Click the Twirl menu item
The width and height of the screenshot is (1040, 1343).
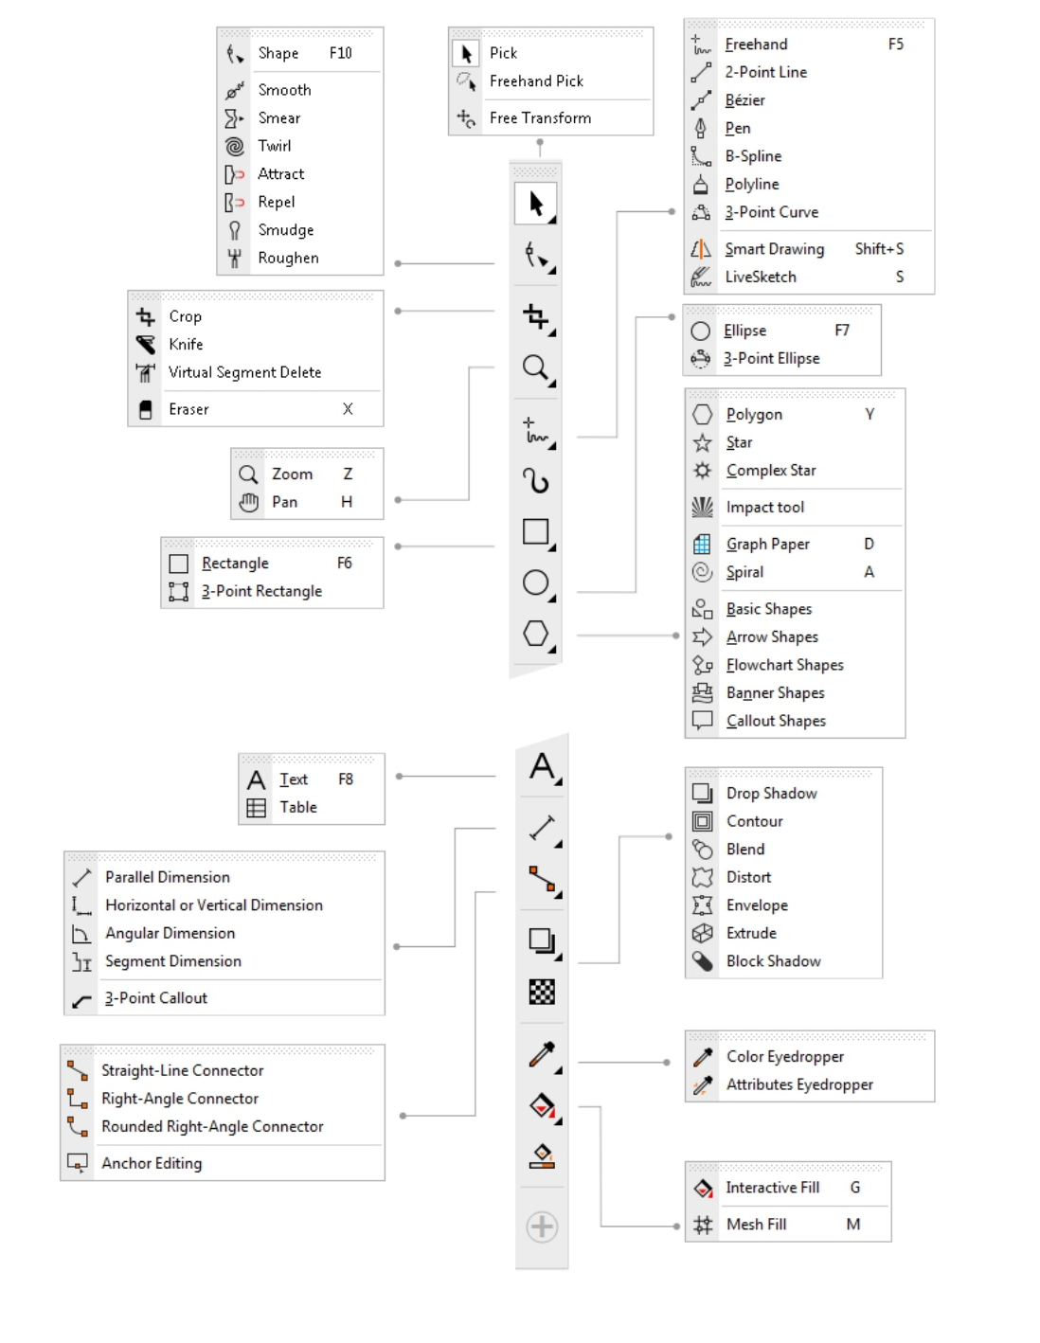pyautogui.click(x=274, y=146)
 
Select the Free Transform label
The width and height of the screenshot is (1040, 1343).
pyautogui.click(x=540, y=117)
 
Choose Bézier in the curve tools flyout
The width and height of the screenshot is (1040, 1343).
pyautogui.click(x=744, y=100)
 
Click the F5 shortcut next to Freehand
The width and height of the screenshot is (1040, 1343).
pyautogui.click(x=895, y=45)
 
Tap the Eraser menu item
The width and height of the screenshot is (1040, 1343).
pyautogui.click(x=188, y=409)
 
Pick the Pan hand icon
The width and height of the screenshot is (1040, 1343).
pyautogui.click(x=248, y=502)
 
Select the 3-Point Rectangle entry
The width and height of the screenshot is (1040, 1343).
pyautogui.click(x=261, y=591)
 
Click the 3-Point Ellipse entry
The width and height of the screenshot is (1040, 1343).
pyautogui.click(x=771, y=358)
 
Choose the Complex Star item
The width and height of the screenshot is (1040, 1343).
pyautogui.click(x=770, y=471)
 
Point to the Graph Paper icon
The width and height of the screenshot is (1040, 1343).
pyautogui.click(x=702, y=544)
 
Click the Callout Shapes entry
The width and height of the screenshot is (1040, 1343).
pyautogui.click(x=776, y=721)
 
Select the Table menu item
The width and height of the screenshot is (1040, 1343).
pyautogui.click(x=297, y=807)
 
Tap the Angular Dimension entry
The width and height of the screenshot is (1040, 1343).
pyautogui.click(x=170, y=933)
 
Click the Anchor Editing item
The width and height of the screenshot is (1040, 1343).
pyautogui.click(x=152, y=1163)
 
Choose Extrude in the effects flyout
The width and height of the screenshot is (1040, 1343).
pyautogui.click(x=751, y=933)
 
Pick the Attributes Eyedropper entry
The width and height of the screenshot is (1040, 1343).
pyautogui.click(x=799, y=1084)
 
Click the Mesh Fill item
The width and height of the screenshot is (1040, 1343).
pyautogui.click(x=756, y=1225)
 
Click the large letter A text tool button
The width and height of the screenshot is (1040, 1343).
pyautogui.click(x=542, y=766)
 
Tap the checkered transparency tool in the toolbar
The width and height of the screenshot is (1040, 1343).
pyautogui.click(x=542, y=992)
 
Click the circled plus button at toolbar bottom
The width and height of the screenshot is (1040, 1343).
pyautogui.click(x=542, y=1227)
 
